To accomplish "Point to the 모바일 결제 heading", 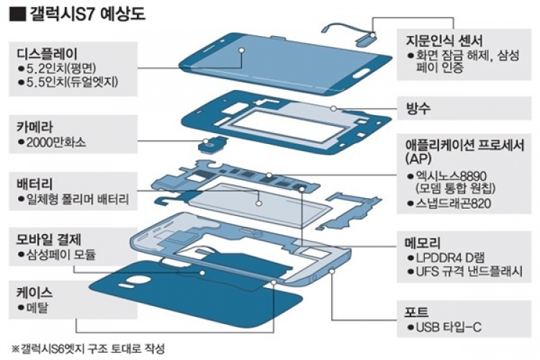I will click(x=51, y=238).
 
